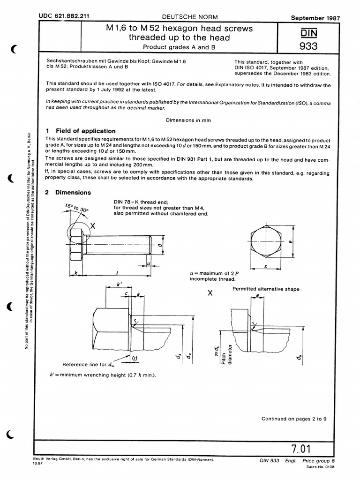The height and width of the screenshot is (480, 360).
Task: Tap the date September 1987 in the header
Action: [x=315, y=18]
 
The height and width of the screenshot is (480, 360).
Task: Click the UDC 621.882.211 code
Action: [x=60, y=16]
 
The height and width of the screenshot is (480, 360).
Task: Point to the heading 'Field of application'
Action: [x=85, y=131]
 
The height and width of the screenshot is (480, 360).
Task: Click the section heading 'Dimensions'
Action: [x=73, y=193]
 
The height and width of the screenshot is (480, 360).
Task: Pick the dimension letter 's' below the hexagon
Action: [x=266, y=266]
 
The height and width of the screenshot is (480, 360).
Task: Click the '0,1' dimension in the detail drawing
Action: [x=135, y=359]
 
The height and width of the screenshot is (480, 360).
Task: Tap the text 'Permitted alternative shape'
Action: [x=266, y=289]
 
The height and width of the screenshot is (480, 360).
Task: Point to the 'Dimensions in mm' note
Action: [x=189, y=120]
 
